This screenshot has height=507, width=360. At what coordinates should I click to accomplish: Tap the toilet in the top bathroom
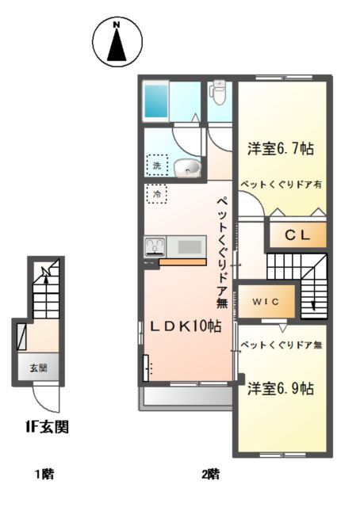(x=218, y=93)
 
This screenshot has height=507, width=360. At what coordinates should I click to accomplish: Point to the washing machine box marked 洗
(x=156, y=166)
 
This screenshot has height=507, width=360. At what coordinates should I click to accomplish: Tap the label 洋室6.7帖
(x=281, y=147)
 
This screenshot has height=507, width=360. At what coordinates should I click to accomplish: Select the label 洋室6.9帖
(x=280, y=388)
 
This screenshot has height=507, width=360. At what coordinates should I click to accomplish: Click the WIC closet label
(x=266, y=301)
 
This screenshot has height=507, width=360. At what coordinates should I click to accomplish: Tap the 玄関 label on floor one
(x=38, y=368)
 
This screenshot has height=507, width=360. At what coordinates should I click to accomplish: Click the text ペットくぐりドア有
(x=281, y=183)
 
